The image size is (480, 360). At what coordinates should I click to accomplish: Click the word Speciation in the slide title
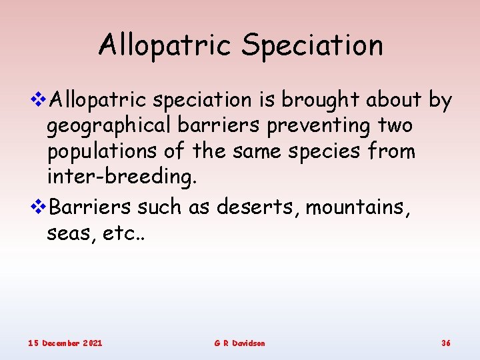[x=312, y=46]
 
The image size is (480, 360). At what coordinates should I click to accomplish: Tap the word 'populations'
[x=103, y=152]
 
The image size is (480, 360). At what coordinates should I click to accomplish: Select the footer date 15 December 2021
[x=65, y=343]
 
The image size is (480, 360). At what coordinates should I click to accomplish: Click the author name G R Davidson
[x=239, y=343]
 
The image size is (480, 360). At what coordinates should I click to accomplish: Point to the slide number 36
[x=446, y=343]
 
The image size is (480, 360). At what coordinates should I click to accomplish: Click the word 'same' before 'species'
[x=251, y=152]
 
